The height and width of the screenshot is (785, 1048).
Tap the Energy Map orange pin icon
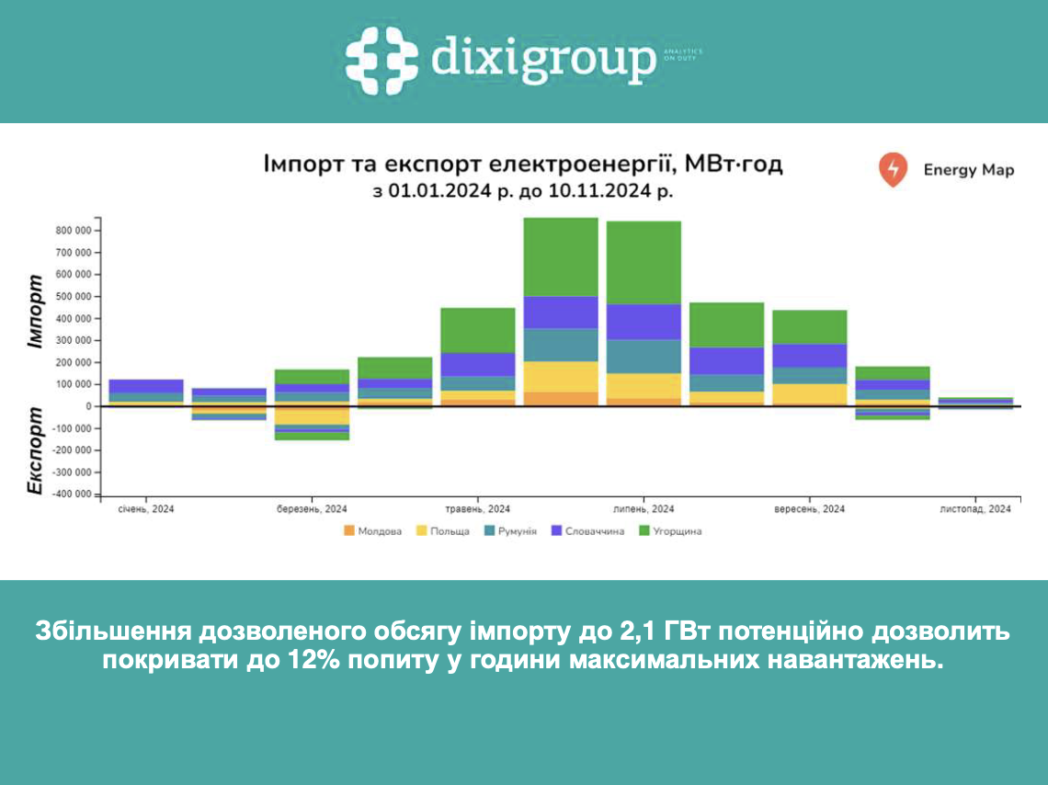pos(892,170)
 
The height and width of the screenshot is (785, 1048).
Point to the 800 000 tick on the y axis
pos(73,231)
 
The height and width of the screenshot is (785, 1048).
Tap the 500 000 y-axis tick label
pos(73,297)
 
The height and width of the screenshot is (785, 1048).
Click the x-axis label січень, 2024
pos(146,508)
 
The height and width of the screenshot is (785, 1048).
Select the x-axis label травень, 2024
pos(477,508)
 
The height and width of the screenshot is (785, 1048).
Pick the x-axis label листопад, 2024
pos(974,508)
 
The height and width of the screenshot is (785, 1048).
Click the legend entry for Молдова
pos(372,530)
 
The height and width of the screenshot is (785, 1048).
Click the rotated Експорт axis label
pos(36,450)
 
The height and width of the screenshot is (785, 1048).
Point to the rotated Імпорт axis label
pos(36,311)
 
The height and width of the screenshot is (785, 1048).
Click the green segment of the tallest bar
pos(560,256)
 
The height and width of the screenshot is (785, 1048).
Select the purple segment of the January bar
pos(146,385)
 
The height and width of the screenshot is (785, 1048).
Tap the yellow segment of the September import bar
pos(809,393)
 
